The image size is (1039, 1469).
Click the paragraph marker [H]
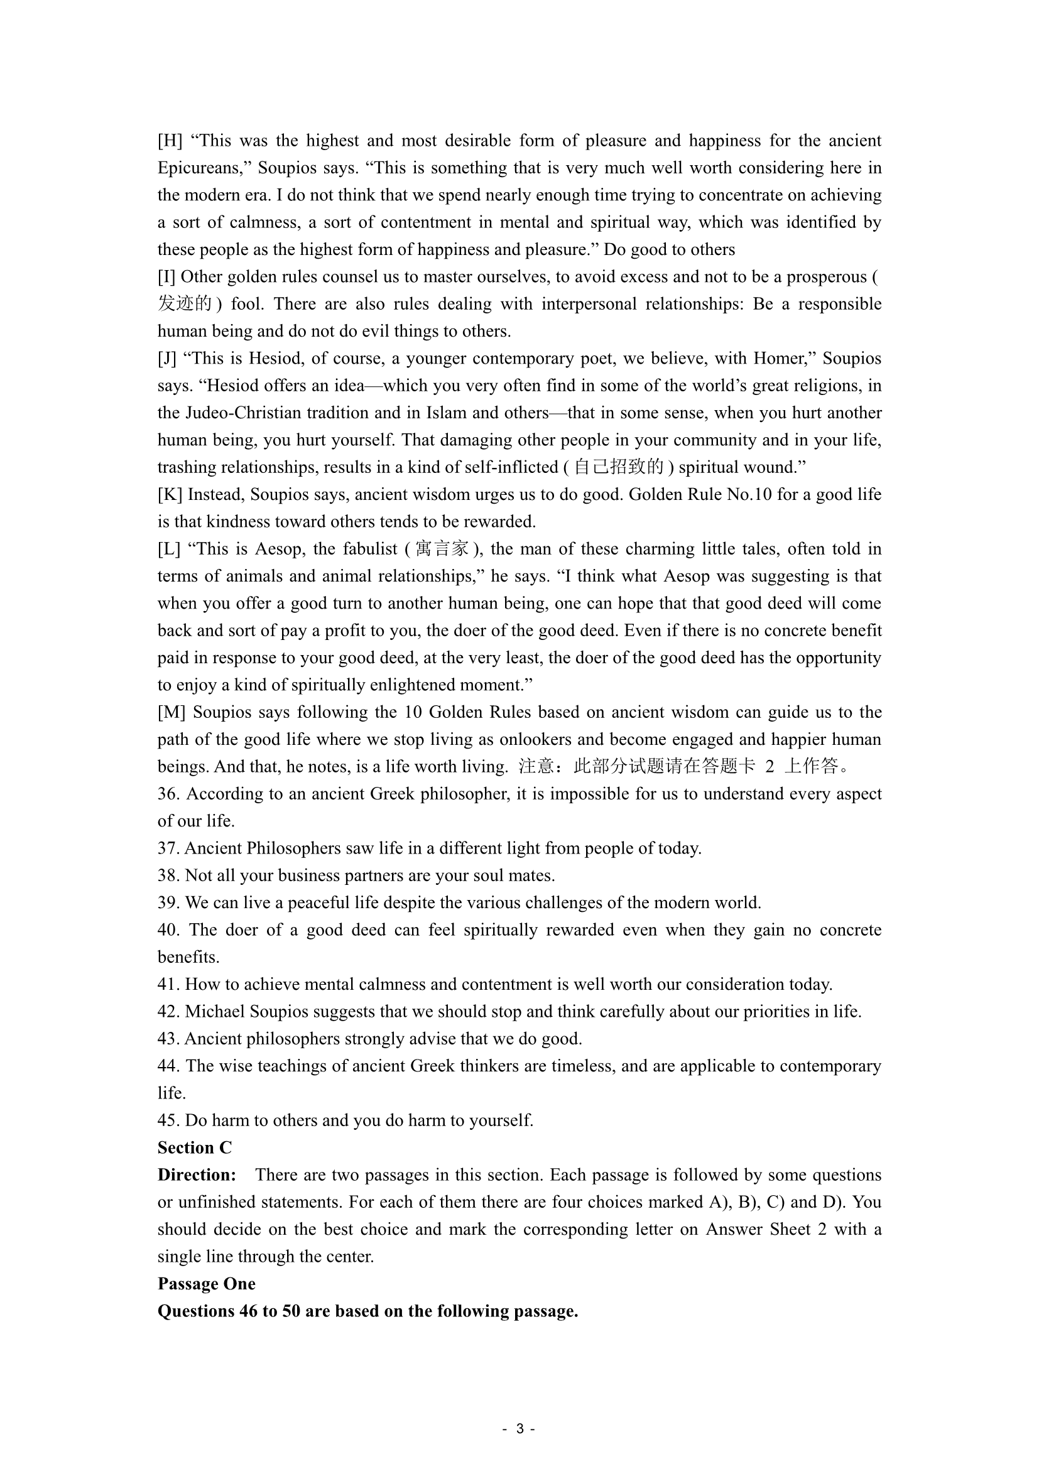[x=170, y=141]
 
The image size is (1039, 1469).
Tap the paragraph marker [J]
[x=167, y=358]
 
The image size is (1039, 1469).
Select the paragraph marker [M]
[x=171, y=712]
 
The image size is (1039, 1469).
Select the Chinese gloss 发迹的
[x=185, y=304]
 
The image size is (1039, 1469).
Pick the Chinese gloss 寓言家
[x=442, y=549]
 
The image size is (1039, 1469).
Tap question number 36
[x=168, y=794]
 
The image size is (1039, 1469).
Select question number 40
[x=168, y=930]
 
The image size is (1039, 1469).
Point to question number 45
[x=168, y=1120]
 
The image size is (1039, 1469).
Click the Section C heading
[x=195, y=1148]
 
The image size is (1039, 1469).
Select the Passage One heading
[x=207, y=1284]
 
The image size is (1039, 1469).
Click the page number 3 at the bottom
[x=519, y=1429]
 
